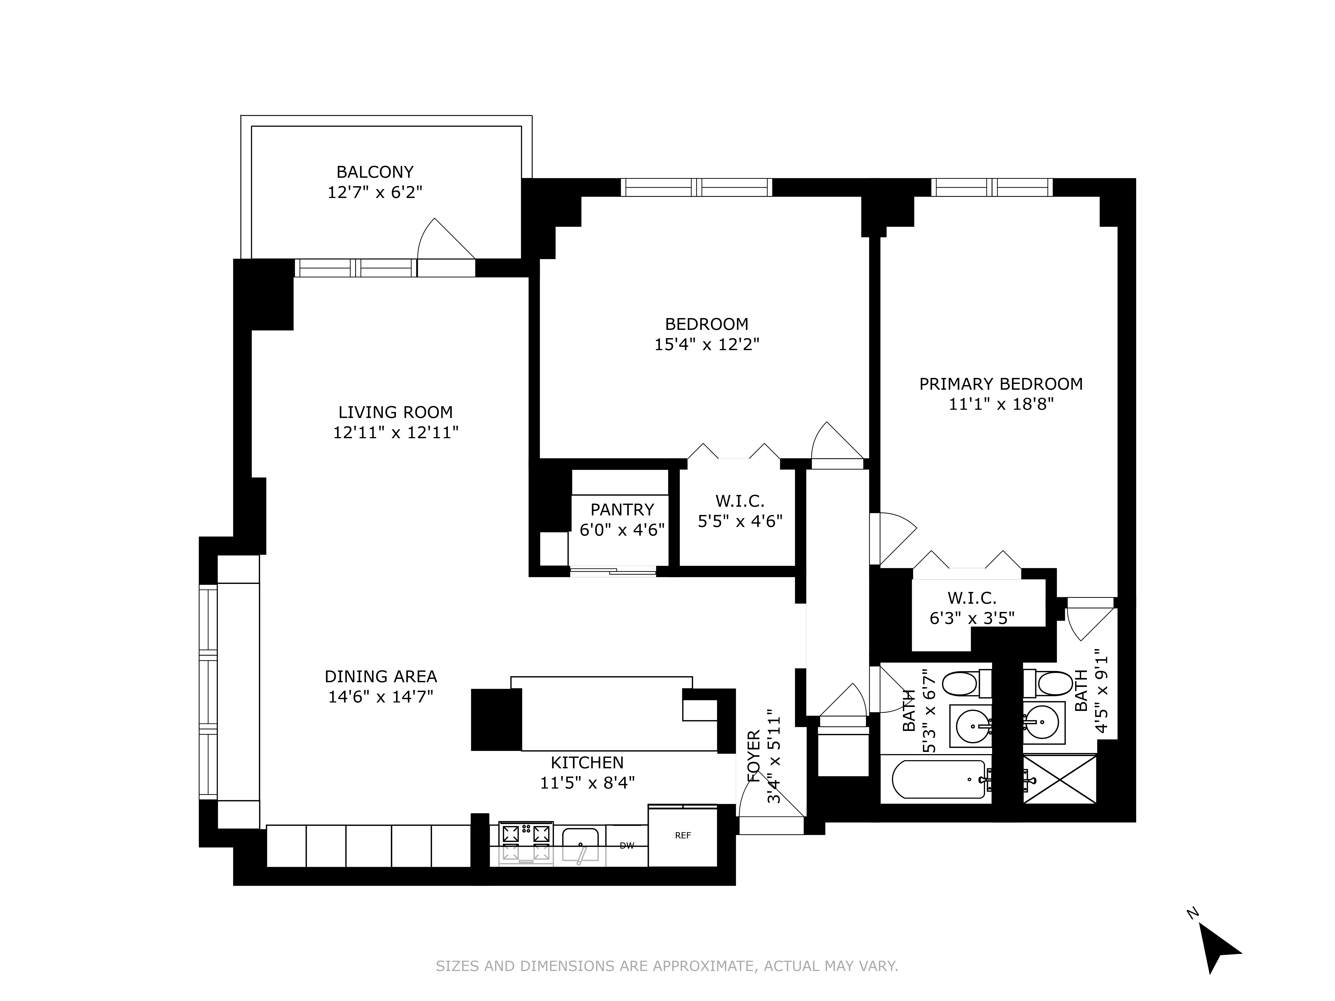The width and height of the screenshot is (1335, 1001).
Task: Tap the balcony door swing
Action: click(x=444, y=241)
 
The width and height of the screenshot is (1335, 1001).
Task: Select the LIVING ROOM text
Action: click(x=395, y=412)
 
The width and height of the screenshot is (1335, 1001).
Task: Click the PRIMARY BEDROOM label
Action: click(x=1001, y=384)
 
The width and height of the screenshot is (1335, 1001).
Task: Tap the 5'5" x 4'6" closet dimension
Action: click(x=740, y=521)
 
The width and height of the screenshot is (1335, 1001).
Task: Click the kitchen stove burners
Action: click(x=526, y=843)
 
